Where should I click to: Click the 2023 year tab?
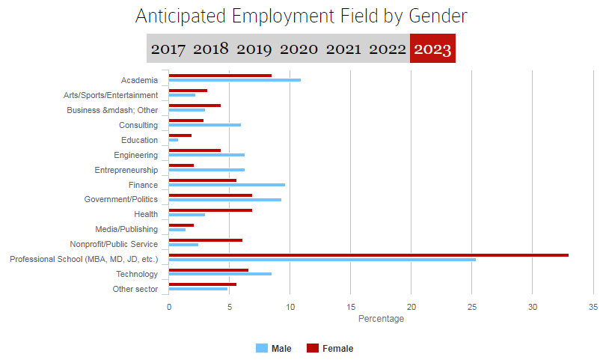point(432,49)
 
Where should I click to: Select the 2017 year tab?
point(168,49)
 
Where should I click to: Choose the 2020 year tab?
point(299,49)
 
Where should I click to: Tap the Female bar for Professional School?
point(368,255)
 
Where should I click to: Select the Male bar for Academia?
point(234,80)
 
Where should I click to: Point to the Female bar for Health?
point(210,210)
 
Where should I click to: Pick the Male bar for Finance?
point(227,185)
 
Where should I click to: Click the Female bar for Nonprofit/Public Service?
point(206,240)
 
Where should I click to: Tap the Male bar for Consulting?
point(204,125)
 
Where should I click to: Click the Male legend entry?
point(274,348)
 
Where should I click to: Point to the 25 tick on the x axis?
point(471,307)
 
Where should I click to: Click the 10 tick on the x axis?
point(290,307)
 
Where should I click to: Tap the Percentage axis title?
point(381,319)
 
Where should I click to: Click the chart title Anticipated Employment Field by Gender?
point(301,16)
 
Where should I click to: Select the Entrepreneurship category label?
point(126,170)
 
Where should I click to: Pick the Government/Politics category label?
point(121,200)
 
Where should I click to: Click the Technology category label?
point(137,274)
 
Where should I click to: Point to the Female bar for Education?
point(180,135)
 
